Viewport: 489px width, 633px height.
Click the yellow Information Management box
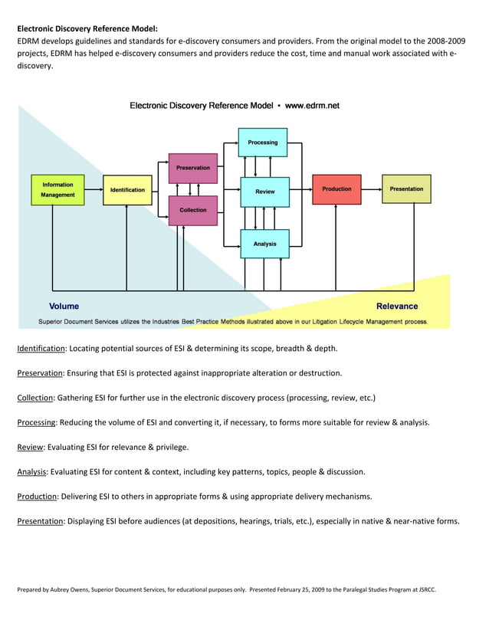(x=57, y=189)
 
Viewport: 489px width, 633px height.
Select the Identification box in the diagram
(x=127, y=189)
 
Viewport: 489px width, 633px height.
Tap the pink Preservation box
(x=193, y=168)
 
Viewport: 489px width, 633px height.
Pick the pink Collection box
(x=193, y=210)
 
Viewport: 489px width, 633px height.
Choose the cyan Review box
(x=264, y=192)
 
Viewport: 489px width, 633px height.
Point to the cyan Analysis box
(x=264, y=244)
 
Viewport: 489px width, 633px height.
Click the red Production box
(x=336, y=189)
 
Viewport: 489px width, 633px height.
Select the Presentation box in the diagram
(x=406, y=189)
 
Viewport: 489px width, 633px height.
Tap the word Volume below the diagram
(x=64, y=307)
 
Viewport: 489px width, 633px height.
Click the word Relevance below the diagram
(x=397, y=307)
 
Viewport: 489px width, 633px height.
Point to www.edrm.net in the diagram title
(x=312, y=106)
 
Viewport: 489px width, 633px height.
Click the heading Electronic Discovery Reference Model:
(x=87, y=28)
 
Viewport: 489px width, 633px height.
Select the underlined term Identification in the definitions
(x=41, y=349)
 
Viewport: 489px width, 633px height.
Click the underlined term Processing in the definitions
(x=37, y=422)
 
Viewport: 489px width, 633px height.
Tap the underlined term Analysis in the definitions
(x=31, y=472)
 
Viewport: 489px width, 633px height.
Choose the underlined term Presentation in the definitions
(x=40, y=521)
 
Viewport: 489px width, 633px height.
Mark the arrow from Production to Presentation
(x=372, y=189)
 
